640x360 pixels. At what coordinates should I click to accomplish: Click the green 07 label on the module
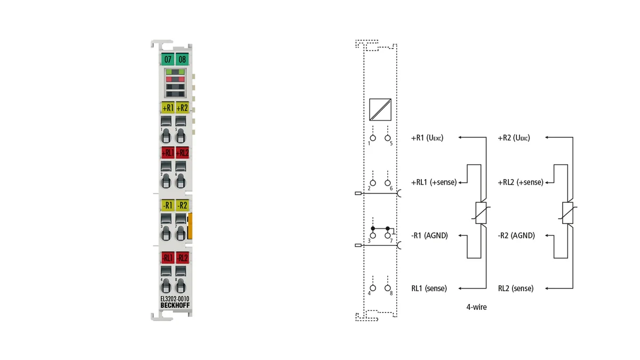167,59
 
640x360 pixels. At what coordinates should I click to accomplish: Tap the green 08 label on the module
182,59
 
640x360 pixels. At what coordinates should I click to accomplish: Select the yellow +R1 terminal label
167,108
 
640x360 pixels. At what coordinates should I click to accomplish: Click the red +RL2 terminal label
182,153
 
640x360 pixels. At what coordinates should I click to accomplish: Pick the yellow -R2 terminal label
182,205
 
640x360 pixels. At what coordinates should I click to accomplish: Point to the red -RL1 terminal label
167,258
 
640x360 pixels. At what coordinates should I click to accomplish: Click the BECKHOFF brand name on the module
175,306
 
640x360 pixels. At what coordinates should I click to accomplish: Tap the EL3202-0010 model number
175,299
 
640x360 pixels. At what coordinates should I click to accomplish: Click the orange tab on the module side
190,226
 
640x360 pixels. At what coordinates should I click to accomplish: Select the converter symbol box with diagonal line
380,110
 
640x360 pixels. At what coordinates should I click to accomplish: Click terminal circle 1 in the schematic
373,138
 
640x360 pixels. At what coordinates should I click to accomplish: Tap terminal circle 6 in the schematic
387,183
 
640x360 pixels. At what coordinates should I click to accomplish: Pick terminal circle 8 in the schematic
387,288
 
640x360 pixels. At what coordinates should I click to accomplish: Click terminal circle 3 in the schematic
373,235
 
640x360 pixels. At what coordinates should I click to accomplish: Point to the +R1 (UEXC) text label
427,138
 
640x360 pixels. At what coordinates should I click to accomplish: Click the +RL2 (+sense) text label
521,182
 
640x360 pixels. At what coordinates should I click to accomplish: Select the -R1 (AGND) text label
429,235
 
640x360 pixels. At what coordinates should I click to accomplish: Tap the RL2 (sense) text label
515,289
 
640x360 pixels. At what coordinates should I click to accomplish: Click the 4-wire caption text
476,307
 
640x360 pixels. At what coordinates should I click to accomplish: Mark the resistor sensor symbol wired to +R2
567,213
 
